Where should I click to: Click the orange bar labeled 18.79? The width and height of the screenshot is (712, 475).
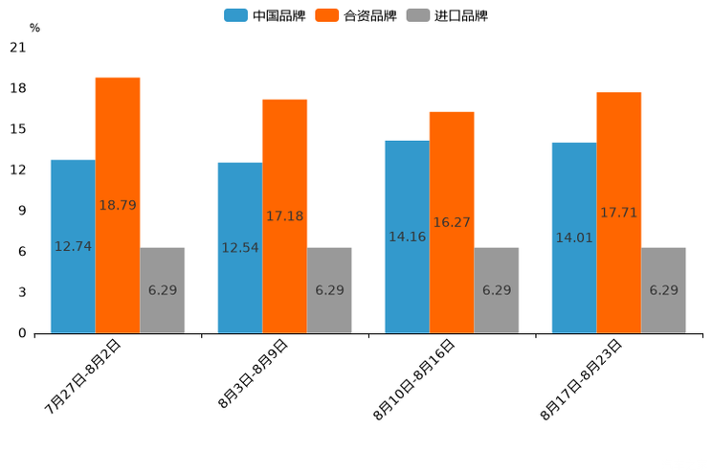click(x=118, y=205)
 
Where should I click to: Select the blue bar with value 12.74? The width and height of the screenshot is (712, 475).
click(x=73, y=246)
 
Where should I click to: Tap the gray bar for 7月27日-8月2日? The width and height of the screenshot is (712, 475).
click(x=162, y=290)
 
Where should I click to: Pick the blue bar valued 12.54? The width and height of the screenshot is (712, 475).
click(x=240, y=248)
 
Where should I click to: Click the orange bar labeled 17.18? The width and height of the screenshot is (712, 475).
click(x=284, y=216)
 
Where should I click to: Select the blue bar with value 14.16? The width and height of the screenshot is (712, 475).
click(x=407, y=237)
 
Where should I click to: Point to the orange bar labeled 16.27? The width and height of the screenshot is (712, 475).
click(x=452, y=222)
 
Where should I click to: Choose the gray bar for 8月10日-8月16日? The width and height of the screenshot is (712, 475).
click(x=496, y=290)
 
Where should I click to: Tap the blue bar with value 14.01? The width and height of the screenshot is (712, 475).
click(x=574, y=237)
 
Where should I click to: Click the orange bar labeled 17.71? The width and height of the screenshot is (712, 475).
click(x=618, y=213)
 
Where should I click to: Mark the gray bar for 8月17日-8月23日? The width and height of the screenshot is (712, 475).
click(x=663, y=290)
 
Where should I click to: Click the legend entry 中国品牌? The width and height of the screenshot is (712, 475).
click(x=264, y=15)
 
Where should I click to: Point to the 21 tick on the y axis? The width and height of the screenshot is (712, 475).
click(x=18, y=47)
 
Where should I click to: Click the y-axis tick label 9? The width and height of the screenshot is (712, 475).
click(x=22, y=211)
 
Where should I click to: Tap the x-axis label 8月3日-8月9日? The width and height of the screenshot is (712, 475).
click(x=253, y=374)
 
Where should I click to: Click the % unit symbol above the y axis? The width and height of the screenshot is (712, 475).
click(x=34, y=28)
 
